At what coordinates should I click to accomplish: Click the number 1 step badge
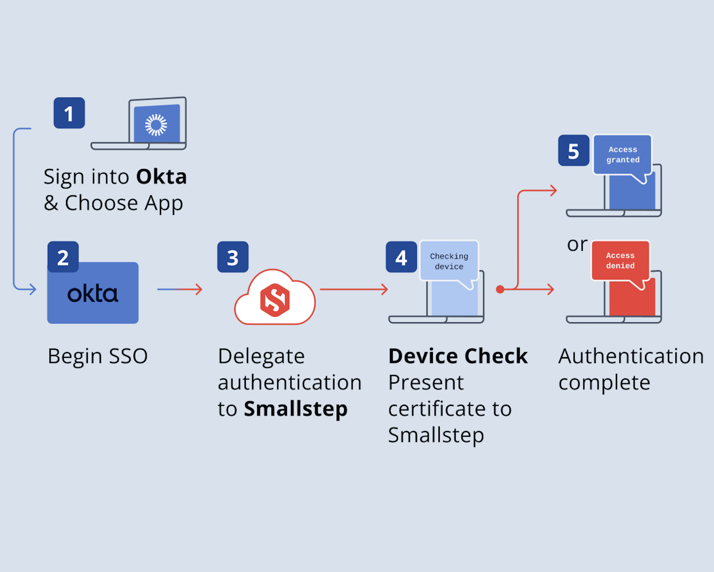(x=69, y=113)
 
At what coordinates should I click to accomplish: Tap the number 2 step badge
(x=63, y=257)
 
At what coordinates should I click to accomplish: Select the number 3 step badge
(x=233, y=257)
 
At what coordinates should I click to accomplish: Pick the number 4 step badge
(x=401, y=257)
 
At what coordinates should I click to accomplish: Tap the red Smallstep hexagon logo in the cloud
(x=275, y=300)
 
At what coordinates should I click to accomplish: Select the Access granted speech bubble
(x=622, y=155)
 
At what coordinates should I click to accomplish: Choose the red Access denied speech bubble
(x=620, y=260)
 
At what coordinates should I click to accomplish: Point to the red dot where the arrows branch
(x=500, y=289)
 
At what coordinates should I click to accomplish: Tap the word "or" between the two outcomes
(x=577, y=245)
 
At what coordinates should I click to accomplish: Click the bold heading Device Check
(x=458, y=356)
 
